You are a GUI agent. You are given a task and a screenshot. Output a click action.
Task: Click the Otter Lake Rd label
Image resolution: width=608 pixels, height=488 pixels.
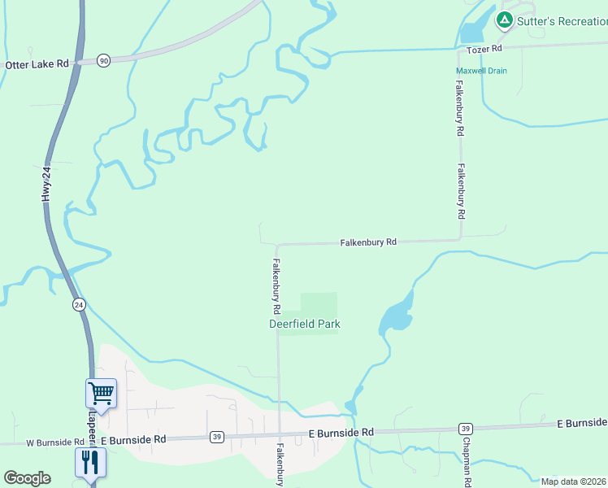coord(37,64)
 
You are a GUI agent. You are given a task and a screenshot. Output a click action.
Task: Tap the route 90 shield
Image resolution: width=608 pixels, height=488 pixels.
coord(103,61)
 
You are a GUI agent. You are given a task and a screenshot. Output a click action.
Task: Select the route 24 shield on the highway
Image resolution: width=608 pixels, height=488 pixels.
coord(79,304)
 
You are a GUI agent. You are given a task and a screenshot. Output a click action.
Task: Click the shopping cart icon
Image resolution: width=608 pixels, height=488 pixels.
coord(102,394)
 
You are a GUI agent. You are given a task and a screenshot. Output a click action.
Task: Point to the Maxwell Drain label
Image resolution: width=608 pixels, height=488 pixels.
coord(481,71)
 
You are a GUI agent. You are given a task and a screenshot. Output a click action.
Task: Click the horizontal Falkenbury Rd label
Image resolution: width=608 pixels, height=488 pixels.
coord(368,242)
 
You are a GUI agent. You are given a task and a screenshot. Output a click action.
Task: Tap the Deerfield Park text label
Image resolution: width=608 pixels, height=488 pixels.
coord(305,324)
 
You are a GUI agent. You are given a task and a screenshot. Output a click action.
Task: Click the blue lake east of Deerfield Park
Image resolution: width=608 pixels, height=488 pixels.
coord(396,315)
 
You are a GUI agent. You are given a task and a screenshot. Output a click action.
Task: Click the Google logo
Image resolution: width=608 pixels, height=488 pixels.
coord(27,478)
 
